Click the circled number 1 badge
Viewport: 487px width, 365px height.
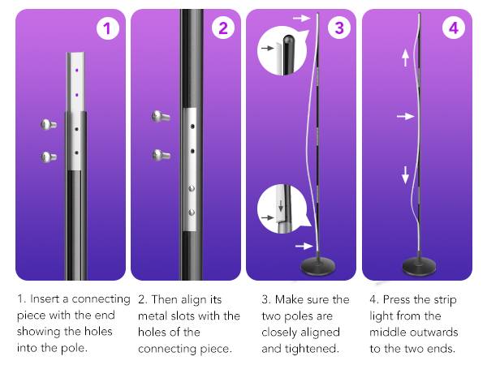[x=108, y=29]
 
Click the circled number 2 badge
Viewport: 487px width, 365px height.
[x=223, y=29]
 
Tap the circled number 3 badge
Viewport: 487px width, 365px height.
[x=338, y=29]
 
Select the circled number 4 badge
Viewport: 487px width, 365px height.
[x=454, y=29]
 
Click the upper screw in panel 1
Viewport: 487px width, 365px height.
[x=49, y=124]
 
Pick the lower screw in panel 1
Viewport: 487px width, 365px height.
[x=49, y=157]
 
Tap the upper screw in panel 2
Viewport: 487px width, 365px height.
[x=160, y=117]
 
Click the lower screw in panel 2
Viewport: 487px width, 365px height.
[x=160, y=154]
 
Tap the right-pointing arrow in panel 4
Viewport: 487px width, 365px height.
[x=405, y=117]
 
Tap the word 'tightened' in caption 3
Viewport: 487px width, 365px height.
[x=316, y=348]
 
